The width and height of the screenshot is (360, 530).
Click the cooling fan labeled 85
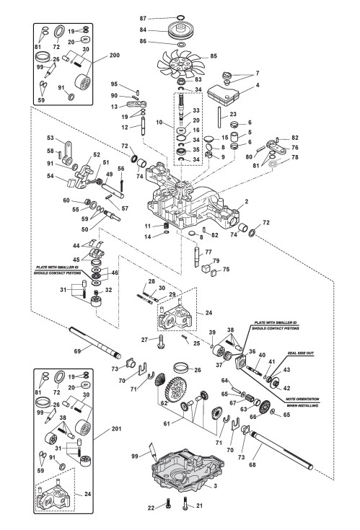pos(181,64)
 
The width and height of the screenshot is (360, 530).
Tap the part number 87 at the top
pos(143,18)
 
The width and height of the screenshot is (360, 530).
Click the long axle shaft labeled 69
pos(95,342)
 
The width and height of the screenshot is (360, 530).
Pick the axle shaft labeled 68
pos(281,450)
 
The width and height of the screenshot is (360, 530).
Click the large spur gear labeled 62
pos(176,393)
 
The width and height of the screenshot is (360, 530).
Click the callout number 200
pos(114,56)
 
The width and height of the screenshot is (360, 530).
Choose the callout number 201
pos(116,429)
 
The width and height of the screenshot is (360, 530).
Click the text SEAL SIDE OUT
pos(301,353)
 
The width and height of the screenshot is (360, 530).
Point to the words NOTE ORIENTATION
pos(302,399)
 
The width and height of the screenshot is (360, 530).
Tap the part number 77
pos(208,252)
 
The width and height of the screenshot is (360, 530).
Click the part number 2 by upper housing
pos(247,202)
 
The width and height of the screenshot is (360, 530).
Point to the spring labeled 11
pos(166,226)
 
